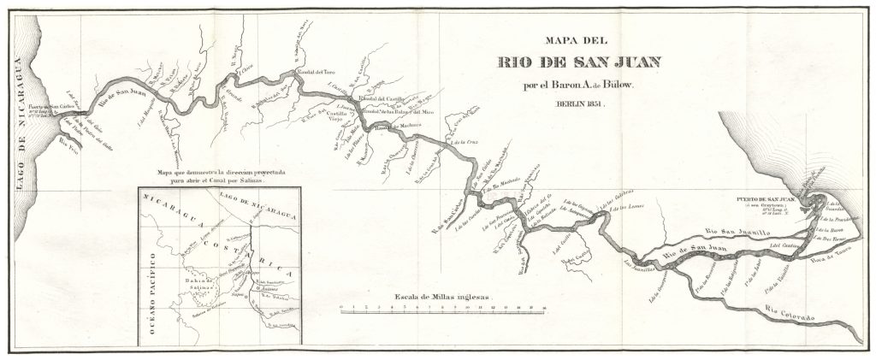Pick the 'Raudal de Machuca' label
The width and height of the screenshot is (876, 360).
[394, 127]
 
